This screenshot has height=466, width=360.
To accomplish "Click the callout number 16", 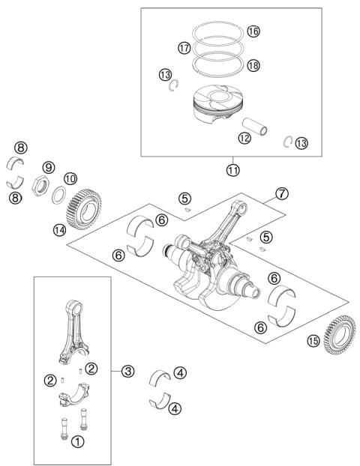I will (x=253, y=31).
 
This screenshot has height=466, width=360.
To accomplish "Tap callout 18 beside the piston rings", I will (x=253, y=66).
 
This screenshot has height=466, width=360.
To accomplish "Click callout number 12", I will (x=223, y=138).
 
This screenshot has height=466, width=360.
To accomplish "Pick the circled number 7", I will (x=281, y=193).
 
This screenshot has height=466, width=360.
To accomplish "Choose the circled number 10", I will (x=70, y=179).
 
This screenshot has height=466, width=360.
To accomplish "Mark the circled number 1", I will (x=77, y=441).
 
